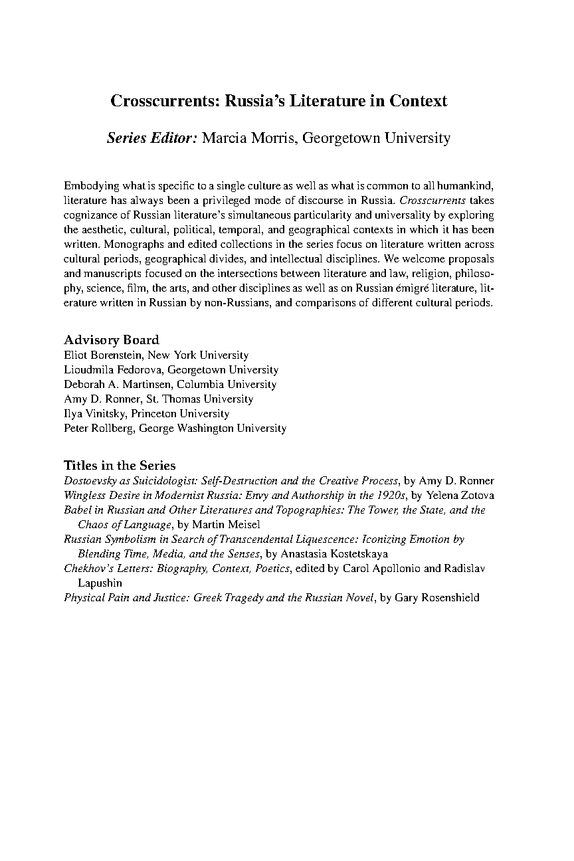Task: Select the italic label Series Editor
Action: tap(151, 138)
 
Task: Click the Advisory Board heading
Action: tap(111, 340)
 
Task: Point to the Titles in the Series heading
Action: tap(120, 465)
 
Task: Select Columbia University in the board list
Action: tap(240, 385)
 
